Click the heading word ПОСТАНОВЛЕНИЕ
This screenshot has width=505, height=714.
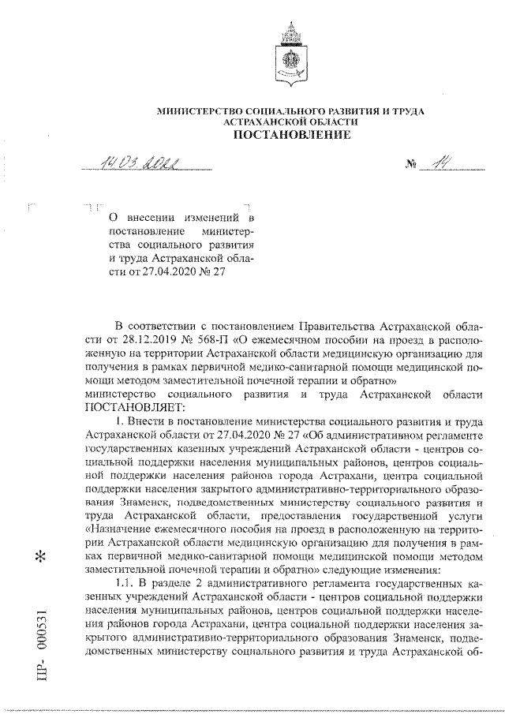point(290,135)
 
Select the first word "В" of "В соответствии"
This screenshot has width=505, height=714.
point(119,325)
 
